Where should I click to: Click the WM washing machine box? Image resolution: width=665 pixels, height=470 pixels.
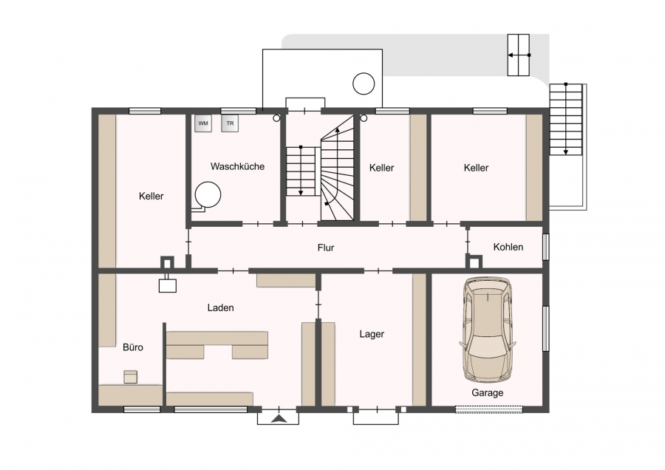click(203, 123)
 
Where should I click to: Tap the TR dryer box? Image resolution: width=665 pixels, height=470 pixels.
click(230, 123)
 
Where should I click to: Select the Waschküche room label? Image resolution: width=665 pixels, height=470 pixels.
click(237, 166)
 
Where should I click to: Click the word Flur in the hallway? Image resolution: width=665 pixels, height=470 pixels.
click(326, 248)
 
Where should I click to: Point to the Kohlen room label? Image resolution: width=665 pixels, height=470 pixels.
click(508, 247)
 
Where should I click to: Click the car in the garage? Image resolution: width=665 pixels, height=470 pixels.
click(488, 330)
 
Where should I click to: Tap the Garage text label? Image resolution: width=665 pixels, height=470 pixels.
click(488, 393)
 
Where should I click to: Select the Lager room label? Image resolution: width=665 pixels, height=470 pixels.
click(372, 334)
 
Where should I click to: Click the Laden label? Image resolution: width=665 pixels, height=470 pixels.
click(220, 307)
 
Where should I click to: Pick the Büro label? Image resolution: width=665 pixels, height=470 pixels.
click(133, 347)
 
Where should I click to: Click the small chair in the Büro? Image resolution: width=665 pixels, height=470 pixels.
click(131, 377)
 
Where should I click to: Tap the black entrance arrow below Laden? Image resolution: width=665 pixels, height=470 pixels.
click(279, 419)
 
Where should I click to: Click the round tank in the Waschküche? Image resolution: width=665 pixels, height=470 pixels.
click(208, 194)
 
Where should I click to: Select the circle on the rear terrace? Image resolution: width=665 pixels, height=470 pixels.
click(364, 84)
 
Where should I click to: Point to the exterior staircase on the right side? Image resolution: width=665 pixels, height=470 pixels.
click(566, 119)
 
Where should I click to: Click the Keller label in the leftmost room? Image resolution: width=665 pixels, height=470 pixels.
click(151, 196)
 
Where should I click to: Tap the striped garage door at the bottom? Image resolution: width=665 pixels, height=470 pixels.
click(489, 409)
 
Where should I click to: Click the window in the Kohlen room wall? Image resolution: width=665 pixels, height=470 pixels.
click(546, 246)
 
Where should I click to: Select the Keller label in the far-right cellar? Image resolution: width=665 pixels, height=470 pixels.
click(476, 168)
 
